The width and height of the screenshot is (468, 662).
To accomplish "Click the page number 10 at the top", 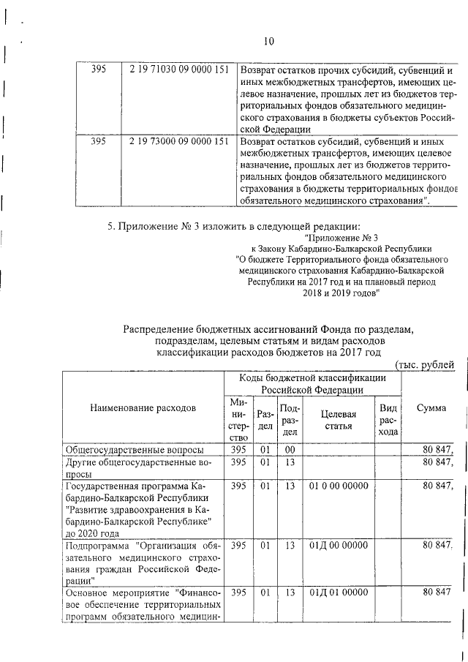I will click(268, 42).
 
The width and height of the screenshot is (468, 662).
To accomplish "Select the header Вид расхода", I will click(388, 419).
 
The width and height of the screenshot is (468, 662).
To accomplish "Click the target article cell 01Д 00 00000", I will click(334, 545).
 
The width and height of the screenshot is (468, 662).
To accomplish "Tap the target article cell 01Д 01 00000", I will click(334, 593).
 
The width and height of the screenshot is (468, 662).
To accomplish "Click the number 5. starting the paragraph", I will click(112, 225).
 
